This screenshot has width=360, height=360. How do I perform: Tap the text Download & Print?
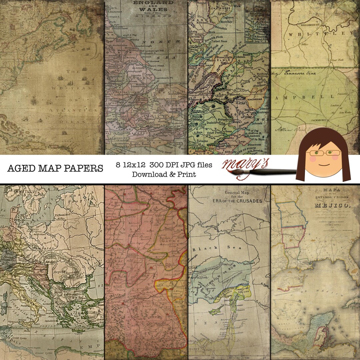(164, 174)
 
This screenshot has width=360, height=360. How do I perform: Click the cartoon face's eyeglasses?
(323, 153)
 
